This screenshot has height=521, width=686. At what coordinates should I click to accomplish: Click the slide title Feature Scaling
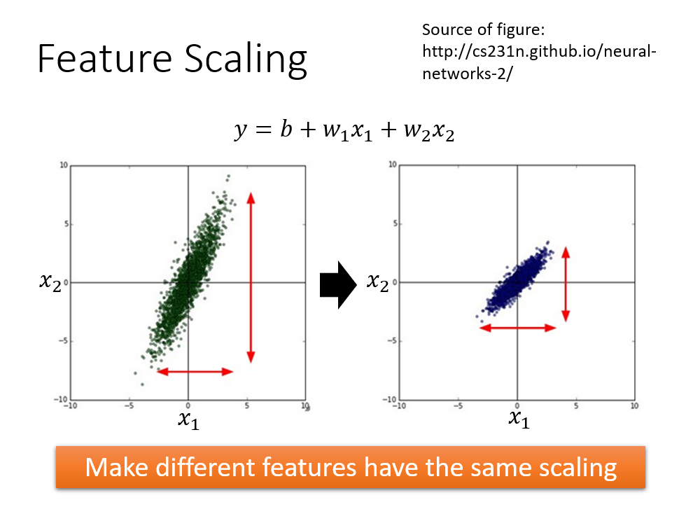(x=171, y=59)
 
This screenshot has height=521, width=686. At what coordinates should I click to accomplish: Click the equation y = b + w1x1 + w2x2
(x=343, y=131)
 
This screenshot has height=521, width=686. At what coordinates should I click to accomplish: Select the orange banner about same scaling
(x=351, y=466)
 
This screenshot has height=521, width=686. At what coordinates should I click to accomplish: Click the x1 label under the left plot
(x=188, y=419)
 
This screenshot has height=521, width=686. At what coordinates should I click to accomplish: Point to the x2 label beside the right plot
(x=379, y=282)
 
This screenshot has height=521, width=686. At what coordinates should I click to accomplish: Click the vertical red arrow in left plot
(x=251, y=277)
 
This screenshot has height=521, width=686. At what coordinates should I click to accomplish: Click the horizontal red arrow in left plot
(x=195, y=372)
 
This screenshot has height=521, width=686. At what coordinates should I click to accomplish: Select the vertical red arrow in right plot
(x=566, y=284)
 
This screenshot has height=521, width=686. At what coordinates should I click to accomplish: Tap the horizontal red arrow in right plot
(x=517, y=327)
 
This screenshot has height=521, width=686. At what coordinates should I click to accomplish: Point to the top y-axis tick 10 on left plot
(x=63, y=165)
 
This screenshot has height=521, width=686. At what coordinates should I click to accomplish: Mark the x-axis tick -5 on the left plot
(x=129, y=405)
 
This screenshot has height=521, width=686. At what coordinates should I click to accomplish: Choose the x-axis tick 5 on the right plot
(x=576, y=405)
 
